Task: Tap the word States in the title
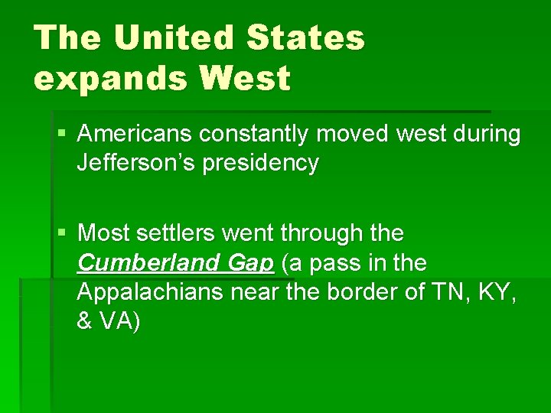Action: click(305, 38)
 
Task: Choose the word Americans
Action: click(135, 135)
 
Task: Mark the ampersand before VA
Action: click(84, 321)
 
